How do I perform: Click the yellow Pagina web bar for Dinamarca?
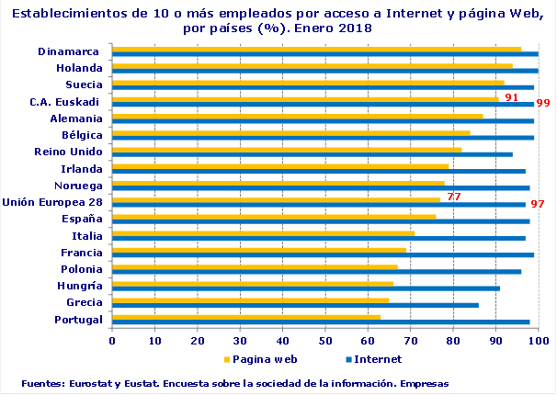pyautogui.click(x=316, y=50)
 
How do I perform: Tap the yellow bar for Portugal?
pyautogui.click(x=245, y=317)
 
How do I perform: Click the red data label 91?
pyautogui.click(x=511, y=96)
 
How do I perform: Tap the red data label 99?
pyautogui.click(x=543, y=103)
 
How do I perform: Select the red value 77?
pyautogui.click(x=453, y=197)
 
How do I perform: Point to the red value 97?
pyautogui.click(x=538, y=203)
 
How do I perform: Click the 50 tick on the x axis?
pyautogui.click(x=325, y=340)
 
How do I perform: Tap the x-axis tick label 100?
pyautogui.click(x=539, y=340)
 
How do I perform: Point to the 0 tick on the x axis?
pyautogui.click(x=112, y=340)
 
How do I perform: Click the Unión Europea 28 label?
pyautogui.click(x=51, y=201)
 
